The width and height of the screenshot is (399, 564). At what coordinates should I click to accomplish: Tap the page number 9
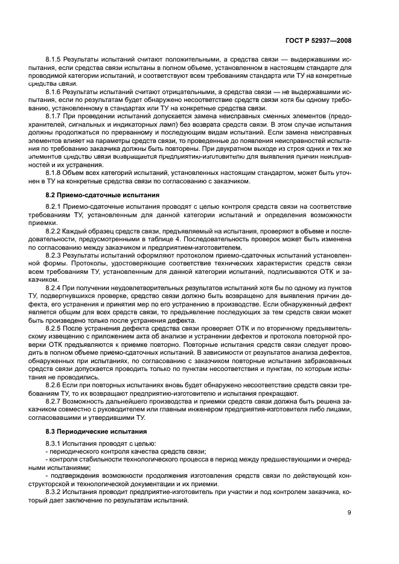tap(350, 513)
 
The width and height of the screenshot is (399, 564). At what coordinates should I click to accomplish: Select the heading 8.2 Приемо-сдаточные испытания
tap(94, 195)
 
